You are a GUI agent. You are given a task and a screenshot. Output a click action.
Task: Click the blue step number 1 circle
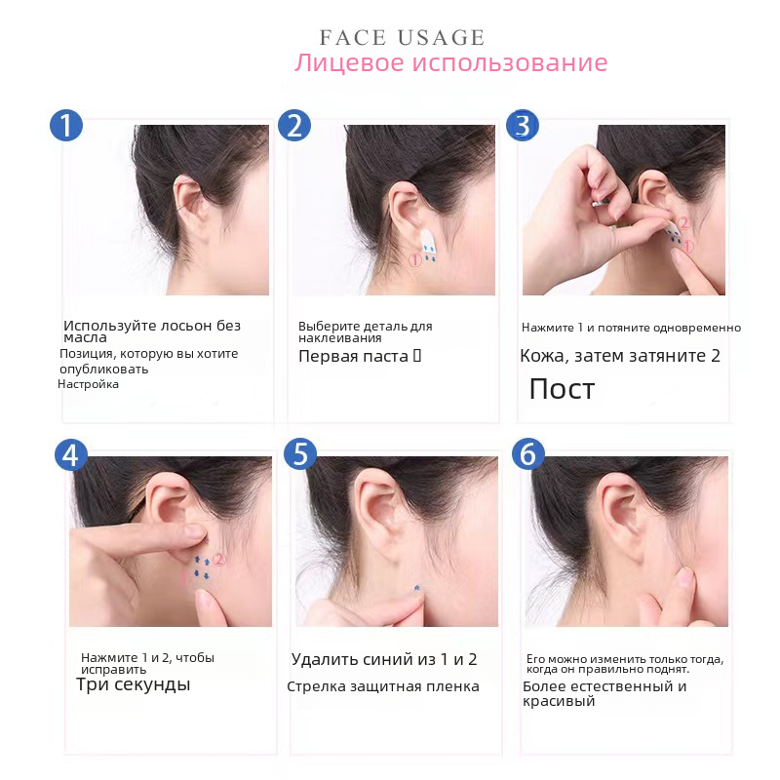[x=66, y=126]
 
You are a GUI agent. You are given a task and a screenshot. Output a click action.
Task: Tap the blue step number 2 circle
[x=294, y=126]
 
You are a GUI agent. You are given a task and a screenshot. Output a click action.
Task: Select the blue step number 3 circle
[x=523, y=126]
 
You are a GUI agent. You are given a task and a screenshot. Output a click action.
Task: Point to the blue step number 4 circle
[x=71, y=454]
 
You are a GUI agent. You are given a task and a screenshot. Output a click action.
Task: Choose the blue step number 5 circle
[x=300, y=453]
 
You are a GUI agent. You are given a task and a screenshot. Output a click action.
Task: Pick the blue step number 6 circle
[x=528, y=453]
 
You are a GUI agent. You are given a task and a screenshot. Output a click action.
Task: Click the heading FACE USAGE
[x=402, y=38]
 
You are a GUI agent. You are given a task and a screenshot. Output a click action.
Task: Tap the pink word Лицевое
[x=349, y=63]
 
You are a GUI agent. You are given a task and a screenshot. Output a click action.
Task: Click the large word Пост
[x=562, y=388]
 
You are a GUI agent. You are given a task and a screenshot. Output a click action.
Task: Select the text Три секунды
[x=134, y=684]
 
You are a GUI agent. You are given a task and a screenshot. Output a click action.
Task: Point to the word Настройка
[x=88, y=384]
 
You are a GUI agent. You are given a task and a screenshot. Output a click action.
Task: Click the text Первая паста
[x=353, y=356]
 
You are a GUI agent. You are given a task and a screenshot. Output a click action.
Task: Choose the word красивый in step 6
[x=559, y=701]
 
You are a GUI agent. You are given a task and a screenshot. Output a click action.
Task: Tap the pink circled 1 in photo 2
[x=415, y=259]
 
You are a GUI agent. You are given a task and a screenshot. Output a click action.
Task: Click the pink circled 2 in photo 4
[x=219, y=560]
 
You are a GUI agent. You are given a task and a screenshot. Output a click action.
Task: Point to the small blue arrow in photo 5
[x=417, y=588]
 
